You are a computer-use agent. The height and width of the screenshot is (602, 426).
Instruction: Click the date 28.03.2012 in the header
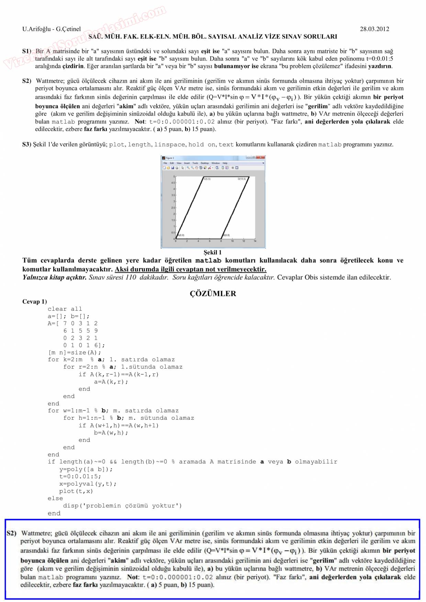[374, 29]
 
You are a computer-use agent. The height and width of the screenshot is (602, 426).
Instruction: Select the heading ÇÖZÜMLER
[213, 294]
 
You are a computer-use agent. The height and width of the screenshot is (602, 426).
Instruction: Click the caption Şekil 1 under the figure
[213, 252]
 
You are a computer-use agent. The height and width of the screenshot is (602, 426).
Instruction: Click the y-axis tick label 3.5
[173, 195]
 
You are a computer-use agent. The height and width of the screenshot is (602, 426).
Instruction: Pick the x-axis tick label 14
[255, 241]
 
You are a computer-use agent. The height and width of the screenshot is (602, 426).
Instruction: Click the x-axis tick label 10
[232, 241]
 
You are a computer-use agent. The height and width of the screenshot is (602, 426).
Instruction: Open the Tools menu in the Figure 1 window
[195, 163]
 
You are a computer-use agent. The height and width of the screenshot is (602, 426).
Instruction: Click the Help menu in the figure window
[225, 163]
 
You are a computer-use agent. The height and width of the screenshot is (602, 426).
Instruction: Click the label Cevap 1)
[35, 302]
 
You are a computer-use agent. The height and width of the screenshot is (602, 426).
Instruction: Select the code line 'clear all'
[65, 309]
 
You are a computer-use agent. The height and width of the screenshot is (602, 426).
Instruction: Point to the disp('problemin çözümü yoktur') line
[122, 506]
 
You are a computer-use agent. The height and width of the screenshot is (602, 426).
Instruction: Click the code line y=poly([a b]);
[86, 469]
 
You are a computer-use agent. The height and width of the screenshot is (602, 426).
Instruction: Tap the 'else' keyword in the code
[55, 498]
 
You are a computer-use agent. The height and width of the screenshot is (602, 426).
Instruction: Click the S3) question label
[27, 144]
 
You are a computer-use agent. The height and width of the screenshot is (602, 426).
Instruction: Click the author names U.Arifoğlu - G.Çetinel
[52, 29]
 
